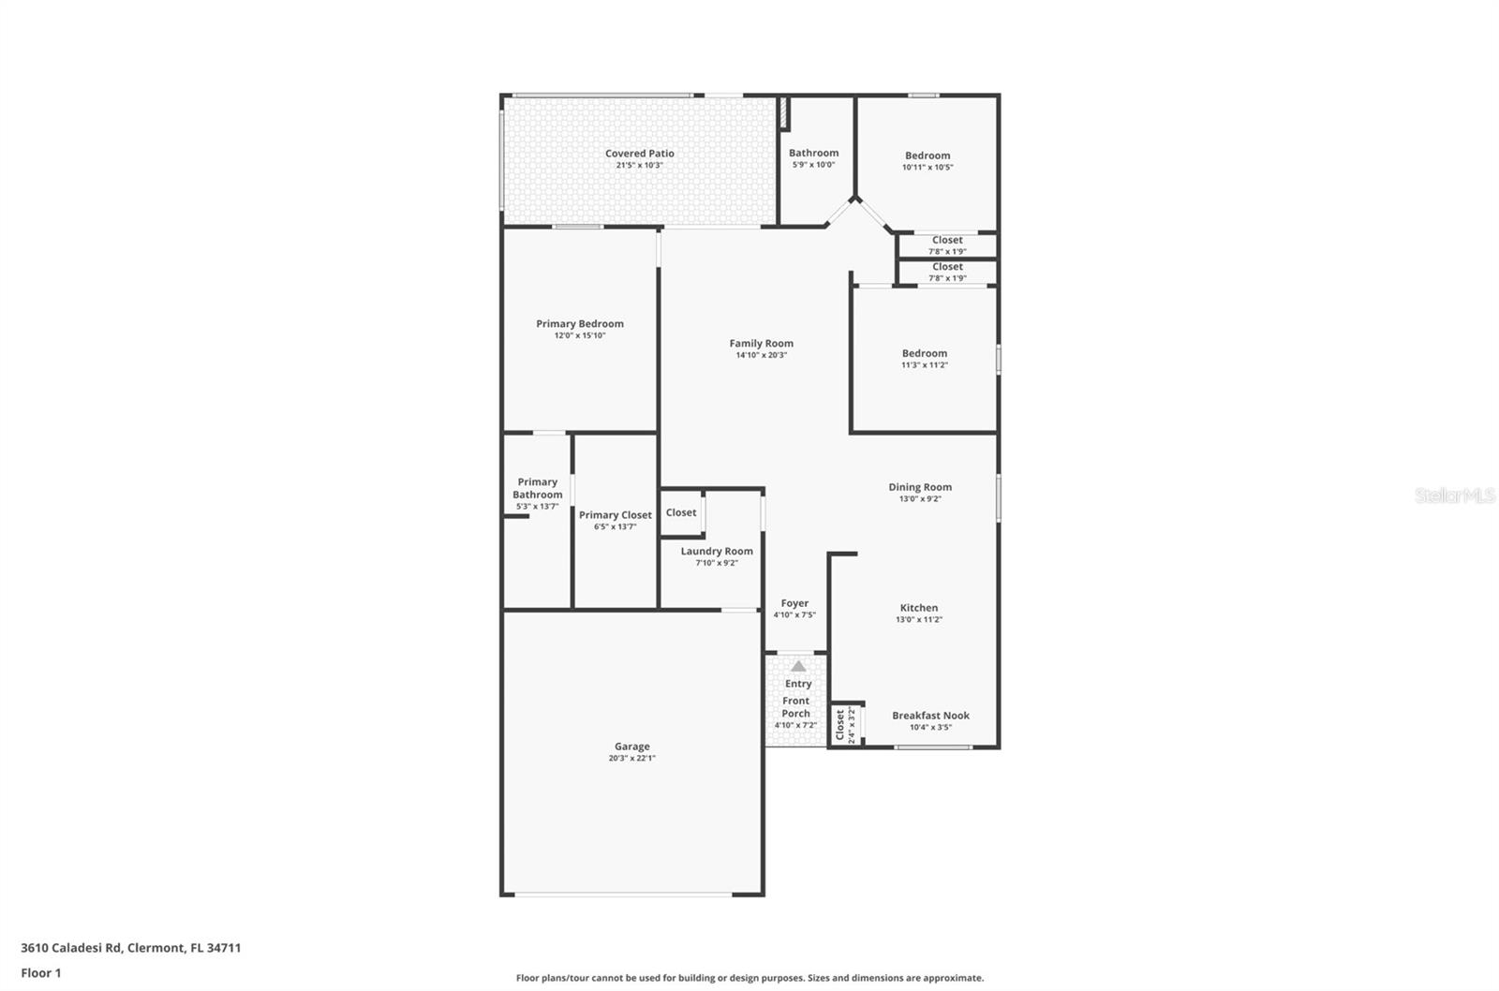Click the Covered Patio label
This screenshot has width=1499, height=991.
(639, 154)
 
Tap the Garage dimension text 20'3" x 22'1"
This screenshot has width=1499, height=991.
(631, 758)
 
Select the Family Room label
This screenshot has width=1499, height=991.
(761, 344)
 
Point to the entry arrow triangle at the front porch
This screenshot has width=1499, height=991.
(797, 666)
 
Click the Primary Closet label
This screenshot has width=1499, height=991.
(615, 515)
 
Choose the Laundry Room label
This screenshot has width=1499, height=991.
(717, 552)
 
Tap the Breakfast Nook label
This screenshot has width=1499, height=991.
(930, 716)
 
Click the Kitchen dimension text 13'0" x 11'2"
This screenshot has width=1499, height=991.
(918, 619)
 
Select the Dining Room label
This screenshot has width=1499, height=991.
(920, 487)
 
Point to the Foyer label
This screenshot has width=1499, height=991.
(794, 604)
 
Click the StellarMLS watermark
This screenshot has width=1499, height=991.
(1454, 495)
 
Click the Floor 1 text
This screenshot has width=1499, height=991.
(41, 973)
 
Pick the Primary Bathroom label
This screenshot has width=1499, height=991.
(537, 488)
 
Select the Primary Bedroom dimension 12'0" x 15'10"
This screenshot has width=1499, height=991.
(580, 335)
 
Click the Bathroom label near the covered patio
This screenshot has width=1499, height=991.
(813, 153)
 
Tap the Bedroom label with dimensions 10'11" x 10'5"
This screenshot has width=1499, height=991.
(928, 155)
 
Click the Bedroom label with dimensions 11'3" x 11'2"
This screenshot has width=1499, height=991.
(925, 353)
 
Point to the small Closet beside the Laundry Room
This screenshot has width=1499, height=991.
(681, 512)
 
